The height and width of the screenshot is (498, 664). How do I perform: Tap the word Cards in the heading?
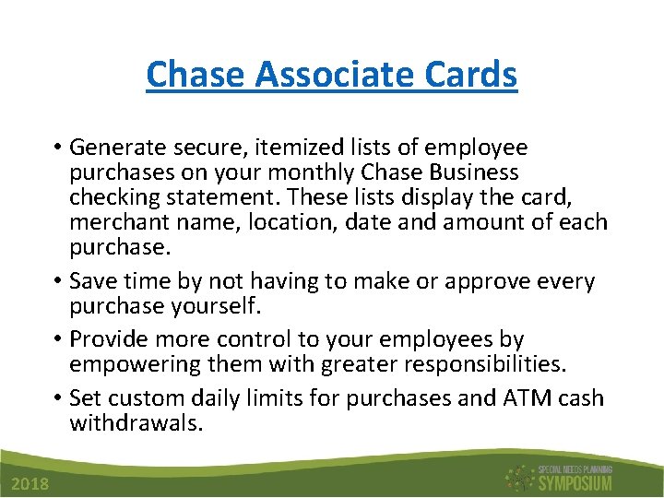(471, 75)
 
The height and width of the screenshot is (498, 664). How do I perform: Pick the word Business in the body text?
(474, 172)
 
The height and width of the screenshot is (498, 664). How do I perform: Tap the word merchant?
(116, 222)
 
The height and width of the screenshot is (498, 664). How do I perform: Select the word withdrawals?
(135, 423)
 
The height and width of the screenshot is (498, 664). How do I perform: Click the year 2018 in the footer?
(31, 485)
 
